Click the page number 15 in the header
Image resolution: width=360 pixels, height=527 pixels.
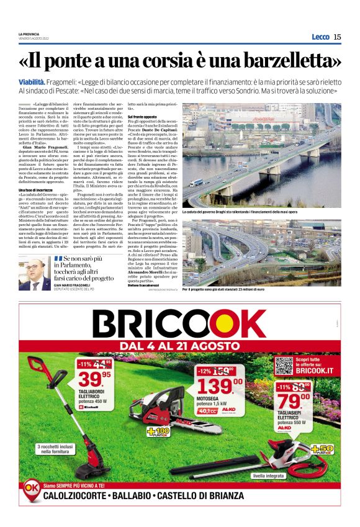click(x=337, y=37)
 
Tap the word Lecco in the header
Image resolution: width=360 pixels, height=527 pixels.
click(x=320, y=37)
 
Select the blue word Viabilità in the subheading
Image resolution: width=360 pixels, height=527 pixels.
click(x=32, y=82)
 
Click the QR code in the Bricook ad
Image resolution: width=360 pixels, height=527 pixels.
click(x=284, y=364)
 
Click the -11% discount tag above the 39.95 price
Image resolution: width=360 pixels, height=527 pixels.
click(x=85, y=363)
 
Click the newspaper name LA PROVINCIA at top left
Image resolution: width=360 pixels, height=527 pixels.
click(x=29, y=34)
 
